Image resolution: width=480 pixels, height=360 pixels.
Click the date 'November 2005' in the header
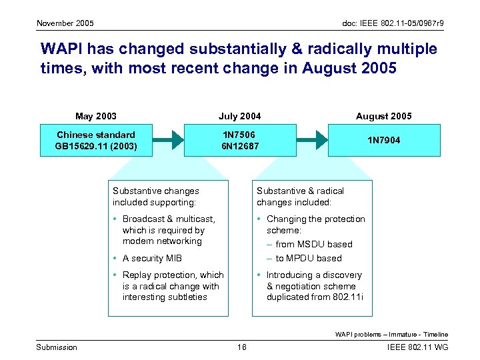(x=65, y=23)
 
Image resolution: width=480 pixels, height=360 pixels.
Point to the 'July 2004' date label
(x=240, y=116)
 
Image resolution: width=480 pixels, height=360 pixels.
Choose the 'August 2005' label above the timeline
(x=383, y=116)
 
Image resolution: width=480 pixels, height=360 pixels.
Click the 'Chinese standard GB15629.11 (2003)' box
(x=96, y=140)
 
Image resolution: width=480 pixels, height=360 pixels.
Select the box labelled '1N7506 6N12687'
(x=240, y=140)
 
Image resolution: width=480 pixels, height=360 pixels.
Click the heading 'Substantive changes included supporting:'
(x=155, y=196)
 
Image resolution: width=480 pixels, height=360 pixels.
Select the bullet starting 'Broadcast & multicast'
(x=168, y=230)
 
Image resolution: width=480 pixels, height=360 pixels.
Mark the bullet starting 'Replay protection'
(x=172, y=286)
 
